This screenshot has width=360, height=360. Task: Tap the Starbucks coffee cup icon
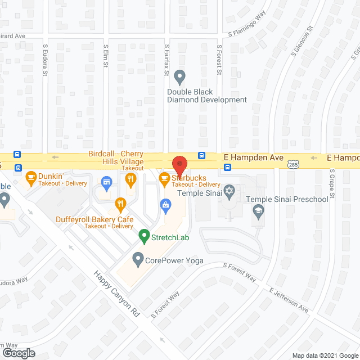pyautogui.click(x=164, y=180)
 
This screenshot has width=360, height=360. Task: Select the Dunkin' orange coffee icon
pyautogui.click(x=31, y=179)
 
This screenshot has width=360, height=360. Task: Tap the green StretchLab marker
pyautogui.click(x=144, y=237)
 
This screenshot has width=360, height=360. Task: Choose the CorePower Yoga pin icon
pyautogui.click(x=137, y=260)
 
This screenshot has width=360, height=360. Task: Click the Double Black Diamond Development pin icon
pyautogui.click(x=179, y=76)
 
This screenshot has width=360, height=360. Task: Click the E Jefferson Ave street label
pyautogui.click(x=289, y=300)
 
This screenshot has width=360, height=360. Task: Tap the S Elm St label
pyautogui.click(x=105, y=56)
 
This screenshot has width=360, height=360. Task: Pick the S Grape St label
pyautogui.click(x=332, y=183)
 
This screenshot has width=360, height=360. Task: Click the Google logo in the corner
pyautogui.click(x=18, y=353)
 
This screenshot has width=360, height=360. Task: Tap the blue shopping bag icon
pyautogui.click(x=166, y=204)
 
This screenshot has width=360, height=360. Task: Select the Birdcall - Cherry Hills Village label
pyautogui.click(x=116, y=157)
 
